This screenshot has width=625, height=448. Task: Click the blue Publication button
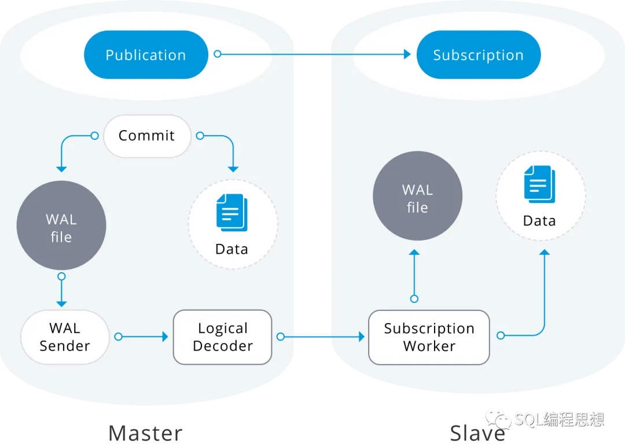tap(146, 55)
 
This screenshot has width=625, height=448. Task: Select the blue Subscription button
tap(478, 55)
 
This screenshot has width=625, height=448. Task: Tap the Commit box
tap(147, 136)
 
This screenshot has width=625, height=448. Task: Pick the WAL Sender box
tap(65, 337)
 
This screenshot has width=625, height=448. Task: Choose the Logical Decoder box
tap(223, 337)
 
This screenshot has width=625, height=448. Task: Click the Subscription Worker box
tap(429, 337)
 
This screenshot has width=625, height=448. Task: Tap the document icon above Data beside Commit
tap(231, 213)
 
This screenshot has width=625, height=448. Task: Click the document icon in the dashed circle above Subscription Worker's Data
tap(539, 184)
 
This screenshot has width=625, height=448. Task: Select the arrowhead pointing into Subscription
tap(407, 54)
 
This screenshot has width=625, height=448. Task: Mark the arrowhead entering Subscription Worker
tap(362, 336)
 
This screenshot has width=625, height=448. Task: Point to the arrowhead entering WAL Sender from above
tap(61, 303)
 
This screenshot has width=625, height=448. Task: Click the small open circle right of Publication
tap(218, 54)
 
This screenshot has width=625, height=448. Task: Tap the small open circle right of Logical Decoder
tap(281, 336)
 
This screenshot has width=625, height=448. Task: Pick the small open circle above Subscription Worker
tap(414, 299)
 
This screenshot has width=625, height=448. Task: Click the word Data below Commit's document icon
tap(231, 249)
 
